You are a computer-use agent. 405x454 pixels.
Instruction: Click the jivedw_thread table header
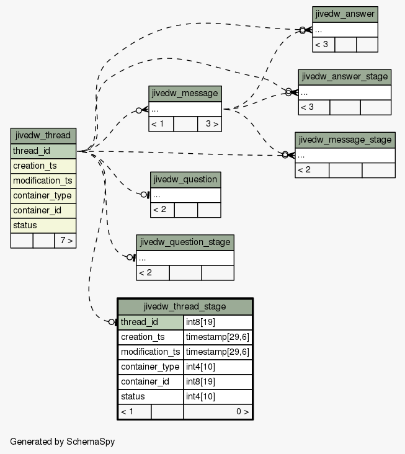(43, 135)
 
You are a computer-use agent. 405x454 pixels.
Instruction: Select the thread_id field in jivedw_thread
(43, 151)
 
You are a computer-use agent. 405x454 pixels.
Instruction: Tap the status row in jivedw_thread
(43, 225)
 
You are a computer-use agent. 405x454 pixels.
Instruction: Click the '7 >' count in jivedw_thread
(65, 241)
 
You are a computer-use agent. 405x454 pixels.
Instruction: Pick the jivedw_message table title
(185, 94)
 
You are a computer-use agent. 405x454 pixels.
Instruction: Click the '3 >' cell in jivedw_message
(210, 124)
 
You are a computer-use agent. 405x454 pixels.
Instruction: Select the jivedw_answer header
(345, 14)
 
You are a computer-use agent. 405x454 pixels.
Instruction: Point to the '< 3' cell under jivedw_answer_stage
(314, 107)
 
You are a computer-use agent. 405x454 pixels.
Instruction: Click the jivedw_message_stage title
(345, 140)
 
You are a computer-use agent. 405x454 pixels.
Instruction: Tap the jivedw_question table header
(185, 179)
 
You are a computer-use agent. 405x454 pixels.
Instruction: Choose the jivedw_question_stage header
(185, 243)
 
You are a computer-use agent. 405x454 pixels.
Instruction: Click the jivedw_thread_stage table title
(185, 306)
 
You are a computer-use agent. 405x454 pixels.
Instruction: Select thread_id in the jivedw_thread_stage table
(151, 323)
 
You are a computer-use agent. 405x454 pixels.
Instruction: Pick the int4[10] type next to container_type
(218, 367)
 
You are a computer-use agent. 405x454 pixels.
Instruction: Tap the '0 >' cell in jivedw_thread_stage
(218, 411)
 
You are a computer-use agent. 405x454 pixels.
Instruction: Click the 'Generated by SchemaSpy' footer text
(63, 442)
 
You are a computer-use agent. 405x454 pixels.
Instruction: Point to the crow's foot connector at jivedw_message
(145, 110)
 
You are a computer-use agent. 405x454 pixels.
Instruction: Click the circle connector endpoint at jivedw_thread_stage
(112, 322)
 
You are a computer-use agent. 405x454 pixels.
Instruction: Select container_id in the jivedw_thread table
(43, 210)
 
